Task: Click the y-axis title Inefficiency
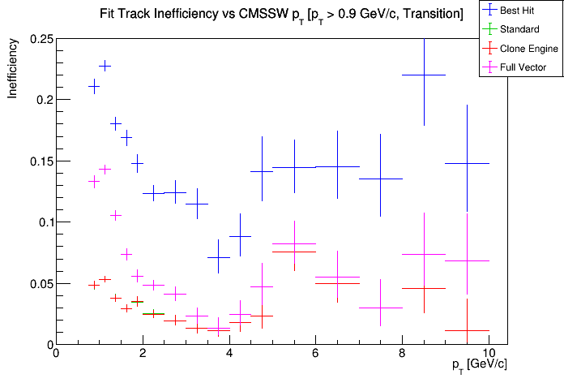point(13,71)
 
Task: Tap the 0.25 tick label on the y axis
point(41,39)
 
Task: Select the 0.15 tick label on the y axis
point(41,161)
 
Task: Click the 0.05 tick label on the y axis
point(41,284)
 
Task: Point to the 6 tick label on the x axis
point(316,355)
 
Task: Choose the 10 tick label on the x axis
point(489,355)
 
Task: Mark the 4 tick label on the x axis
point(229,355)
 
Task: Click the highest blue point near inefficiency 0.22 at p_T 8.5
point(424,75)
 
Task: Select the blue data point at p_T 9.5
point(467,163)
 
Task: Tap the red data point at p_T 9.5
point(467,330)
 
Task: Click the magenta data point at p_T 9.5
point(467,260)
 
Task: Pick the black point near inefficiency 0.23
point(105,65)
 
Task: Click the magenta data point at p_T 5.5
point(294,243)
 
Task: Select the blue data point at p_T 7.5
point(381,179)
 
